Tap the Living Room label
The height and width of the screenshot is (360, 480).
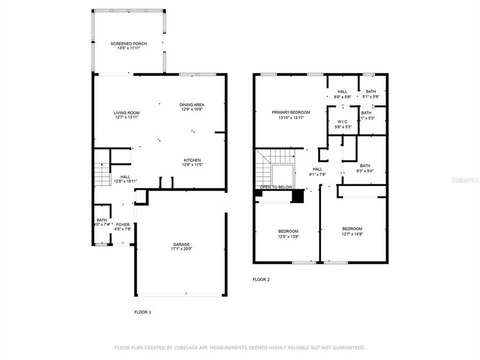[126, 112]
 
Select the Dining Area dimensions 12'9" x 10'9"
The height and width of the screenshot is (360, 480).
[192, 109]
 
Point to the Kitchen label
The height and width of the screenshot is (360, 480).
[192, 159]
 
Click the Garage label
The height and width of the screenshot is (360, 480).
[181, 243]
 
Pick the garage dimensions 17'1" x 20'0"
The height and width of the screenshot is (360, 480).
[181, 248]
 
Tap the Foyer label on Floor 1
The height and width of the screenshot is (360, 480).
[122, 224]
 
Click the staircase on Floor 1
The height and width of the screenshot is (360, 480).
[102, 174]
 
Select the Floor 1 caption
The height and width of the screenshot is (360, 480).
[142, 312]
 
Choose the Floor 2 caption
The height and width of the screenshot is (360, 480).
[261, 279]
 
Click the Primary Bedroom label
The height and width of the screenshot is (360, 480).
[291, 112]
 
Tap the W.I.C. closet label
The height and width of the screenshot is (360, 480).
[342, 121]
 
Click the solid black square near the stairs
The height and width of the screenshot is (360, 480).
[297, 196]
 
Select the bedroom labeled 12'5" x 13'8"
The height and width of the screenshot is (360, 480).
[288, 233]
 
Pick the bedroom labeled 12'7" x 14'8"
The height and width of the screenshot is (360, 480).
[352, 231]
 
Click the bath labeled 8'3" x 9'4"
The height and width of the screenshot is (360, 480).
[364, 168]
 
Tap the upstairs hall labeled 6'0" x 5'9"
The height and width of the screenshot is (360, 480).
[342, 94]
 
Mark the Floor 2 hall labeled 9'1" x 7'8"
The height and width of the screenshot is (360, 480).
[318, 171]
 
